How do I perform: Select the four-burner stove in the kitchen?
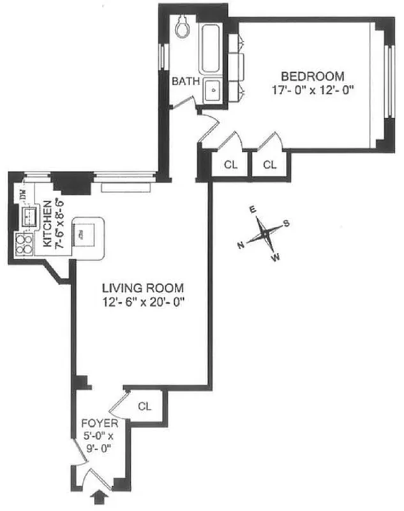pos(24,243)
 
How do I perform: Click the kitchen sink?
pos(29,219)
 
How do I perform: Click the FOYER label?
pos(99,423)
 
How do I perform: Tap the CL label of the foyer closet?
pos(145,406)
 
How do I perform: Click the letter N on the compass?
pos(241,245)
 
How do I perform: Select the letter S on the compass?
pos(287,223)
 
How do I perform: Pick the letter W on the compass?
pos(276,258)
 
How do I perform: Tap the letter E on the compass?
pos(252,210)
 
